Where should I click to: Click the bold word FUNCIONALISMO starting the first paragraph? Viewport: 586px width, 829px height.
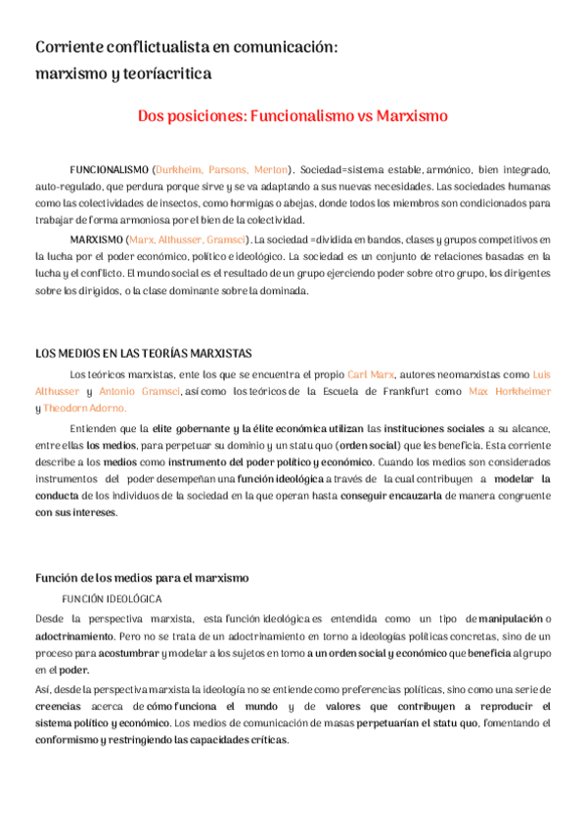110,169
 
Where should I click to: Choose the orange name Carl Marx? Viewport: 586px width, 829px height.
371,374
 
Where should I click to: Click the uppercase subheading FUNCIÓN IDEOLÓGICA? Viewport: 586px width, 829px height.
112,597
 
